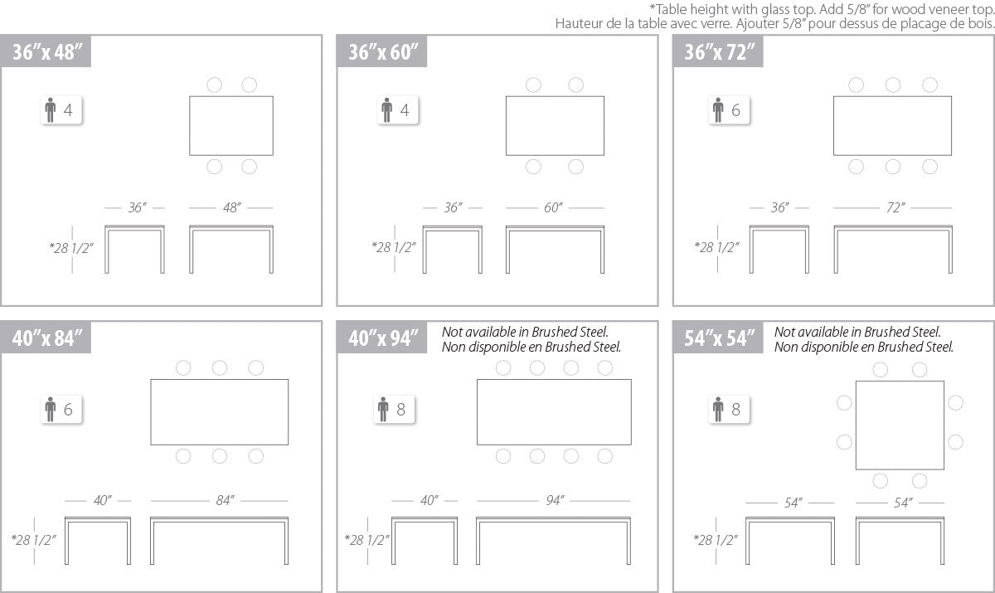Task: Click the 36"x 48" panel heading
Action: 47,52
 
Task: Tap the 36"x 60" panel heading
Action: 383,52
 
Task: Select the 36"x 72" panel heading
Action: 719,52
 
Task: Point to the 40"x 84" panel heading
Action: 47,338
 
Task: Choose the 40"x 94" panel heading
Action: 383,338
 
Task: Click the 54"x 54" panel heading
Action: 719,338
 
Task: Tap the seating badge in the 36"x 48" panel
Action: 61,109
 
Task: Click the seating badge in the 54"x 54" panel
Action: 729,409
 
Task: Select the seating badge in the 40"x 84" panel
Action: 61,409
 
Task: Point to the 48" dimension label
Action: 232,207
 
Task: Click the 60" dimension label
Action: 553,207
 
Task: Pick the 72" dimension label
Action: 895,207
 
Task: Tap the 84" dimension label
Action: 225,501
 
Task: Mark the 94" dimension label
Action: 555,501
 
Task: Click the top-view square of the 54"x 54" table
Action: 856,425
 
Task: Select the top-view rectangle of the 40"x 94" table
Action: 477,411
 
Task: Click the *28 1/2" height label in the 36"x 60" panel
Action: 394,247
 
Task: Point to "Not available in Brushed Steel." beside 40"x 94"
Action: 525,332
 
